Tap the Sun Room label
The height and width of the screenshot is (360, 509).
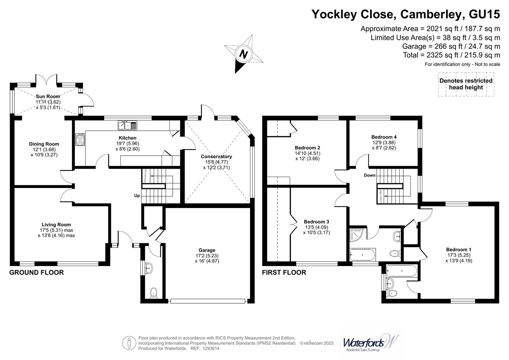(48, 96)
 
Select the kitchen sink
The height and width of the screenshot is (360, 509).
(127, 126)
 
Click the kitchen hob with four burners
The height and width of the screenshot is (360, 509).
(80, 140)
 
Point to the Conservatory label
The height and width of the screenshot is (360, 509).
(216, 156)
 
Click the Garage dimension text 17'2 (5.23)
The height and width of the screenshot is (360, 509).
(207, 256)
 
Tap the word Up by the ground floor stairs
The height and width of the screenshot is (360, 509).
(137, 196)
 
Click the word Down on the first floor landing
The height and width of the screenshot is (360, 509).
(369, 175)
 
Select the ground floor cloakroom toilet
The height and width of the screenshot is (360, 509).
(153, 293)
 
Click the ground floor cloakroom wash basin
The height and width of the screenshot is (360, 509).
(149, 267)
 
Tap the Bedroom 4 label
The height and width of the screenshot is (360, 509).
(384, 137)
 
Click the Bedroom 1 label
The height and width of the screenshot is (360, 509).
(459, 250)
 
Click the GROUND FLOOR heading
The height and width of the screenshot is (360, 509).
(36, 272)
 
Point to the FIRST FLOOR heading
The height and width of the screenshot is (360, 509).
(284, 272)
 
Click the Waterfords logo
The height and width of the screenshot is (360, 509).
(370, 343)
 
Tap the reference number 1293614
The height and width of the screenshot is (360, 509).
(209, 349)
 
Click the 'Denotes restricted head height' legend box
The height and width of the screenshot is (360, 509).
(466, 84)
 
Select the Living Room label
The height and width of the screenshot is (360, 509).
(56, 225)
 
